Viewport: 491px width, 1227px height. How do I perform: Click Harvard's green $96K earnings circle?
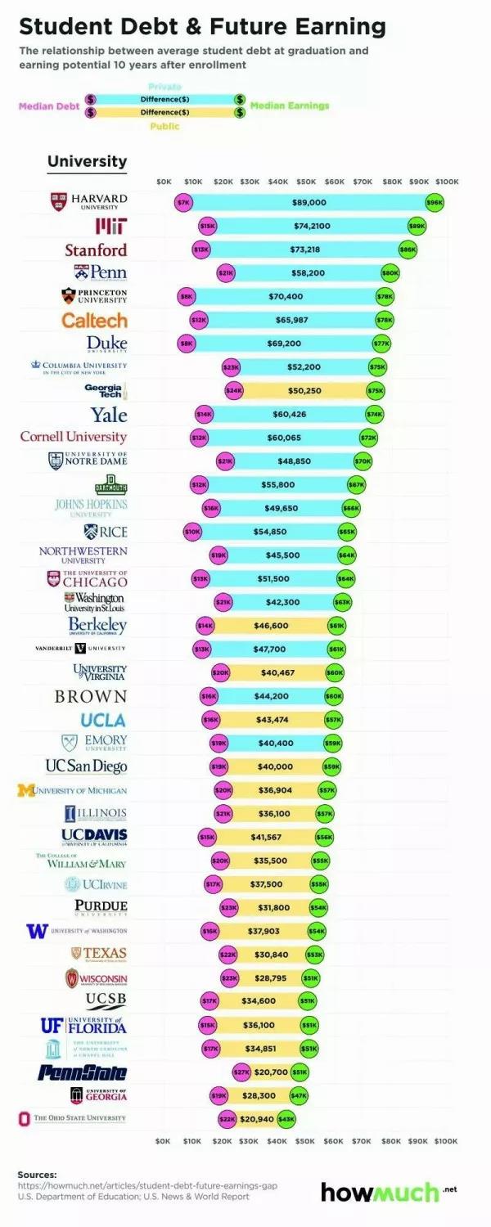pos(435,202)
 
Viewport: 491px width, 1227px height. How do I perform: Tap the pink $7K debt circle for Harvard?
pos(183,202)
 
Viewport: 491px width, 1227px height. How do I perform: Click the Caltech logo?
pos(95,320)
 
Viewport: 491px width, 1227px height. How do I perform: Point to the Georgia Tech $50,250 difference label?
pos(304,391)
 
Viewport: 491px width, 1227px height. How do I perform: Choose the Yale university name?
pos(109,414)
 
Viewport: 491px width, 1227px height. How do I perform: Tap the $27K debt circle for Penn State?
pos(241,1072)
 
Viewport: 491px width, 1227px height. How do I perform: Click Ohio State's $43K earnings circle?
pos(286,1118)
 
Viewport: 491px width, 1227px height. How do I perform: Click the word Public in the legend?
pos(164,127)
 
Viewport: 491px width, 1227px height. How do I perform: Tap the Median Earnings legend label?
pos(290,106)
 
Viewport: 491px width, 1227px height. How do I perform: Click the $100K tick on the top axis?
pos(447,181)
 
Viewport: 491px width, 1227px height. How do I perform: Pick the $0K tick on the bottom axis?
pos(163,1139)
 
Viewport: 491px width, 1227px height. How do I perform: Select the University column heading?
pos(87,161)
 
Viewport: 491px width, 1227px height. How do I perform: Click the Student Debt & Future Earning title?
pos(201,26)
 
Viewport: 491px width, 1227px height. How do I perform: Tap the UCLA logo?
pos(103,720)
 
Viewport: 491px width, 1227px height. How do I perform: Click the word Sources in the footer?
pos(38,1174)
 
